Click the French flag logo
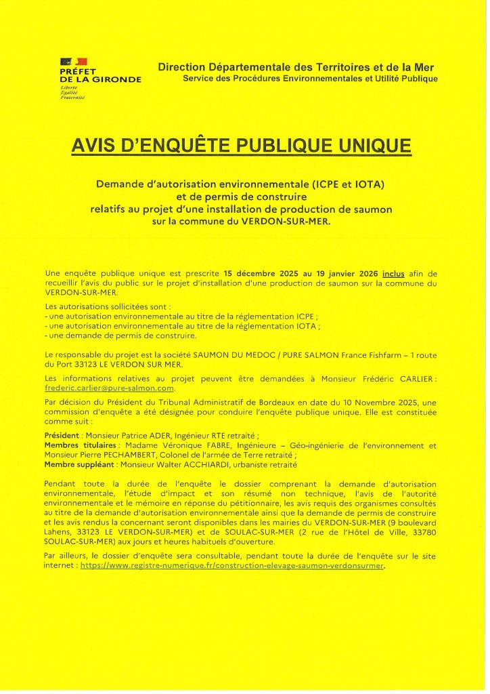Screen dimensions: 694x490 pos(73,62)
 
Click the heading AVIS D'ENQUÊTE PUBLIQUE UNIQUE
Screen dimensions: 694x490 pos(242,145)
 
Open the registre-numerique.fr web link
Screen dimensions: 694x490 pos(232,565)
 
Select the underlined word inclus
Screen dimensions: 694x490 pos(393,274)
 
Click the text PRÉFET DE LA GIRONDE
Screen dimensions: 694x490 pos(100,75)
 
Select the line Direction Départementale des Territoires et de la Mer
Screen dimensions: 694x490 pos(296,67)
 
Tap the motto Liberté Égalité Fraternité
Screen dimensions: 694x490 pos(70,93)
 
